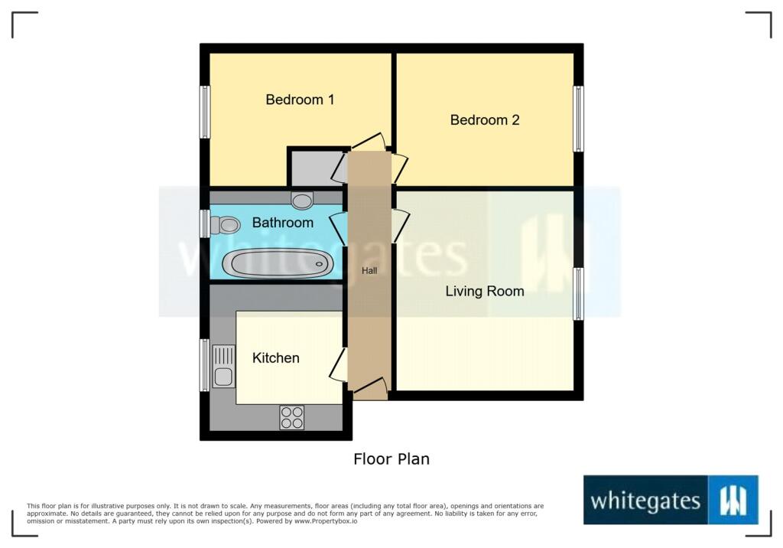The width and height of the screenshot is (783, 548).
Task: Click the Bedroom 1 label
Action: (300, 99)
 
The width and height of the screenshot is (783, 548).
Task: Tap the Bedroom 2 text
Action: (485, 120)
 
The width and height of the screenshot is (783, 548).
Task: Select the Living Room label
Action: (485, 291)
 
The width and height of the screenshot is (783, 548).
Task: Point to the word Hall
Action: (369, 270)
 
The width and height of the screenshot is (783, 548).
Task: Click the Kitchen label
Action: (276, 357)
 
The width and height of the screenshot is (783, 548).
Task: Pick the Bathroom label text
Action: (283, 223)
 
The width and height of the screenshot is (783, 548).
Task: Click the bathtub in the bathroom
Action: (278, 263)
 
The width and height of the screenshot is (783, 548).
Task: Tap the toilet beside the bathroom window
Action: (225, 224)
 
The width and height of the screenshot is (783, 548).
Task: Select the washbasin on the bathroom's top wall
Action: (303, 200)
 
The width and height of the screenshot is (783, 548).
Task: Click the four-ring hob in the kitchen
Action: (291, 417)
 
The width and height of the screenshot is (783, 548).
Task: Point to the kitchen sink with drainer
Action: (223, 366)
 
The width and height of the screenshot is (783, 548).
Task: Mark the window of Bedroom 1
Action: (205, 112)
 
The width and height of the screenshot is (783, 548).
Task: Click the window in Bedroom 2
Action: (578, 119)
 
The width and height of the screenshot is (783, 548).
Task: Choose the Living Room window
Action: (578, 293)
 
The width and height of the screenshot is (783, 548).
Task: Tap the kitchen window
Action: (204, 365)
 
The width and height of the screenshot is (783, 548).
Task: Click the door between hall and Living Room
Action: (400, 226)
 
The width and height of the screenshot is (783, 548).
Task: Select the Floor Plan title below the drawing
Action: (391, 459)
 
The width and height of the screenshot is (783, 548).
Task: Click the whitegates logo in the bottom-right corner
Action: (671, 500)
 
